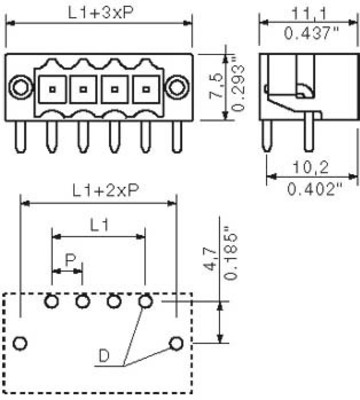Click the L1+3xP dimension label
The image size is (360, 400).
(x=101, y=13)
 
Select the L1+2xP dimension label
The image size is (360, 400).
(x=105, y=191)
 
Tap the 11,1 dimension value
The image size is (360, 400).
(x=310, y=14)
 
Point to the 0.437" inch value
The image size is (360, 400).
(x=311, y=33)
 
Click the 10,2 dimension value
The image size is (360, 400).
(x=311, y=167)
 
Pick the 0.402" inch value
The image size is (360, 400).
(x=315, y=189)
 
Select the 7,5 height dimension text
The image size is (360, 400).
(x=216, y=86)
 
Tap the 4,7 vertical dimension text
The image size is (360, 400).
(x=211, y=261)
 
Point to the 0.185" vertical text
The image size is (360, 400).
(x=231, y=253)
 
